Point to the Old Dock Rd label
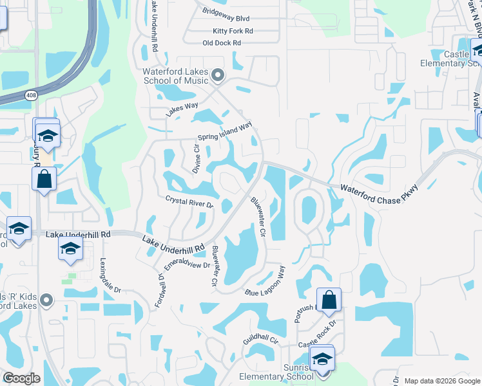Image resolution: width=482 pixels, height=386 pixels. pos(221,43)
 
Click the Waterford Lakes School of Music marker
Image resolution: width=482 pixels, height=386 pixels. pos(218,77)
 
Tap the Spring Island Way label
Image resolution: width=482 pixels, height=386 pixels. pos(224,133)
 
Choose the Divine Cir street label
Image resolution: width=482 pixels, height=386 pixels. pos(197,158)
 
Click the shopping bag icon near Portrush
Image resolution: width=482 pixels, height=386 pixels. pos(329,300)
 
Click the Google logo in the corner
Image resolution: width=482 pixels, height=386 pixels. pos(21,378)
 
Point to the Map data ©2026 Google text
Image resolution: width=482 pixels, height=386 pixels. pos(441,381)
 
